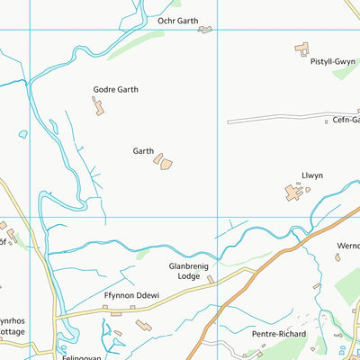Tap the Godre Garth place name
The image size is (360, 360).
click(115, 90)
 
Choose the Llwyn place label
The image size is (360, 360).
click(312, 177)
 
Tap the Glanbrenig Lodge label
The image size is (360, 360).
click(188, 271)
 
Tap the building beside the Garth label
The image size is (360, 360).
click(163, 162)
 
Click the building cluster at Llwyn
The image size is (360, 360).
click(294, 192)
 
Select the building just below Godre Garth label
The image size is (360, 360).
click(97, 107)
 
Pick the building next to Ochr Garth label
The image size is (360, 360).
click(205, 30)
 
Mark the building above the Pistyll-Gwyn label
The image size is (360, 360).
click(301, 49)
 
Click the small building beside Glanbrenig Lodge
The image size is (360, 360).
click(211, 280)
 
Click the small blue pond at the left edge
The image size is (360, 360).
click(22, 135)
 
